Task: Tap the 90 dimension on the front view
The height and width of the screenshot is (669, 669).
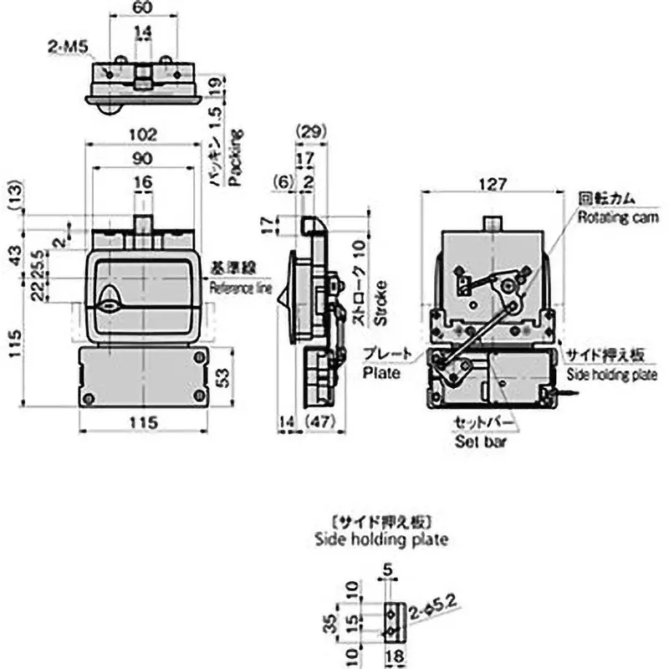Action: tap(142, 158)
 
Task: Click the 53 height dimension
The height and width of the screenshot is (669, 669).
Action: tap(222, 377)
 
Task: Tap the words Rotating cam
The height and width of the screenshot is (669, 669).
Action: tap(617, 217)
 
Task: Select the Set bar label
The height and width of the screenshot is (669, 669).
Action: tap(480, 440)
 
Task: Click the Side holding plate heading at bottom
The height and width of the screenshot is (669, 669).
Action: tap(380, 539)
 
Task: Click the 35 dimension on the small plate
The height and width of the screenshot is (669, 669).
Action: tap(331, 622)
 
